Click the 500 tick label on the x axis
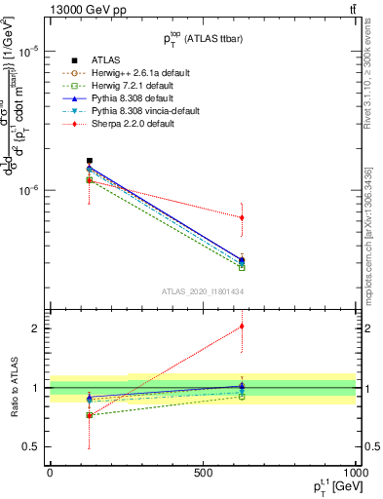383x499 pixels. pos(203,473)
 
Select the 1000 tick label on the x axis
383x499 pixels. pos(355,473)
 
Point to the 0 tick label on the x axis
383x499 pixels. pos(50,473)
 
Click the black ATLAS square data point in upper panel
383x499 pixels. pos(90,160)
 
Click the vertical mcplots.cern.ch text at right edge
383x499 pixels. pos(375,235)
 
